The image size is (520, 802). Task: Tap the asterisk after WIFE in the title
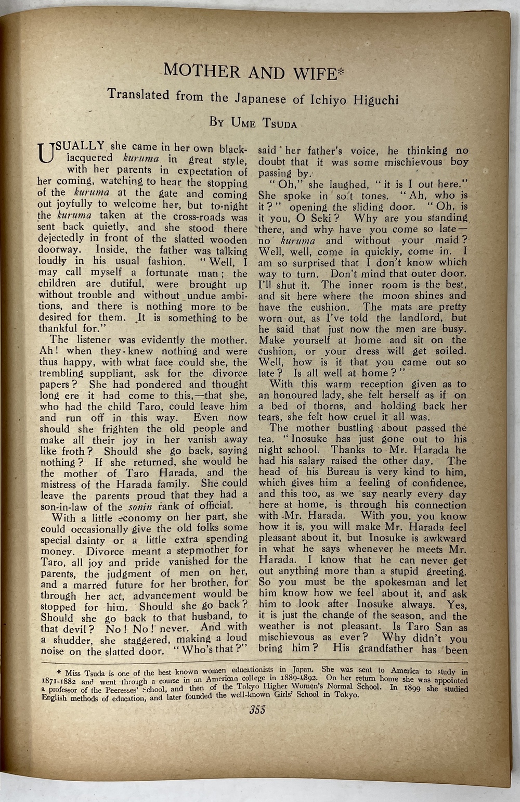pos(341,72)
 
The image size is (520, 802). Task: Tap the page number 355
pos(257,710)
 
